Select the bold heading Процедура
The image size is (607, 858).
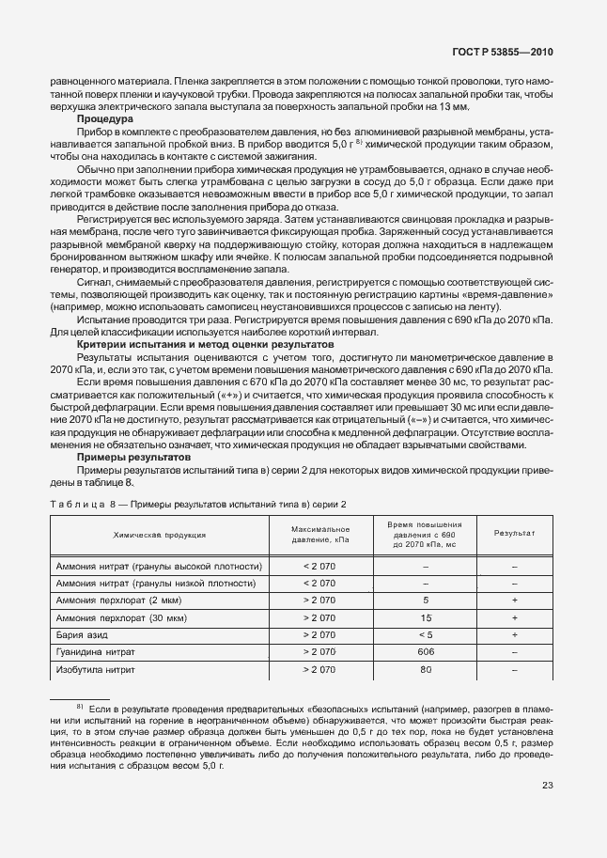[x=104, y=119]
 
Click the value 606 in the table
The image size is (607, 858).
[x=426, y=651]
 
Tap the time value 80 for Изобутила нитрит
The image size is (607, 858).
[x=426, y=669]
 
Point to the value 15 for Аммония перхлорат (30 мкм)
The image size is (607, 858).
[x=426, y=617]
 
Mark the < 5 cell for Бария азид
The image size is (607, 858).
[x=426, y=634]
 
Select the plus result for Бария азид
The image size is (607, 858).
[x=514, y=634]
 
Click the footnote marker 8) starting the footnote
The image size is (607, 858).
[x=81, y=705]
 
